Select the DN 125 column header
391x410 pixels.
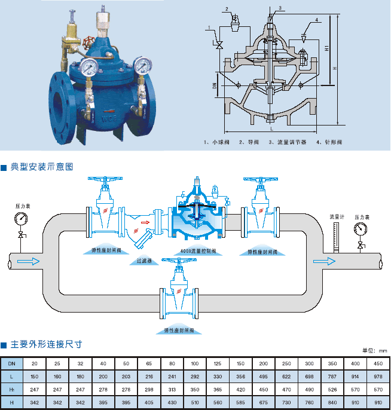tap(216, 363)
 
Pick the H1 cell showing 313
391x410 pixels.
tap(172, 388)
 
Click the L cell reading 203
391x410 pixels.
tap(126, 376)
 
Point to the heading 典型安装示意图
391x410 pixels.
tap(41, 167)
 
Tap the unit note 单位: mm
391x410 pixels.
tap(375, 351)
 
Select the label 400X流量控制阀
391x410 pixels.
tap(198, 252)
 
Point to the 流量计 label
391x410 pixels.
tap(335, 216)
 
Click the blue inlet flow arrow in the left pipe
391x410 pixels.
tap(32, 261)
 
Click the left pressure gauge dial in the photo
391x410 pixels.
tap(88, 65)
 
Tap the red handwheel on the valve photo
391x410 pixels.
tap(89, 43)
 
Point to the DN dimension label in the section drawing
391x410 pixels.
tap(214, 88)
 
